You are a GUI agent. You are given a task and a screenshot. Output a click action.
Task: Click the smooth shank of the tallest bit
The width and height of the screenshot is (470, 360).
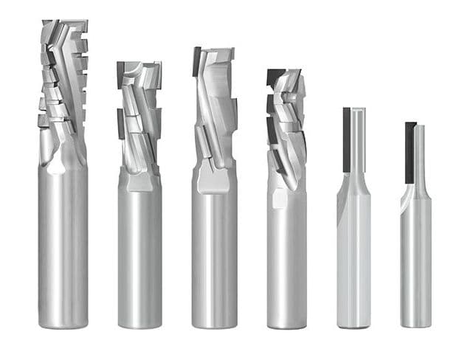pos(63,243)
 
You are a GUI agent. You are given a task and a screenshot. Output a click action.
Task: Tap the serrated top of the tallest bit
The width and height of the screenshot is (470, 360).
pos(63,44)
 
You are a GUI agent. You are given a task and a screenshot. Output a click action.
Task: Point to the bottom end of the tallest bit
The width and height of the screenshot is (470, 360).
pos(63,322)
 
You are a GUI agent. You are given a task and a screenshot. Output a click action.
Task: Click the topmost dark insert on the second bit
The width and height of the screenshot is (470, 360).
pos(120,71)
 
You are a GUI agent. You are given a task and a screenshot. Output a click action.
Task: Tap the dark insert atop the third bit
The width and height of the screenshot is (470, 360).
pos(198,61)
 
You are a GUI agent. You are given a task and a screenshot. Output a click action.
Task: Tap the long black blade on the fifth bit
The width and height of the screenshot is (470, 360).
pos(346,140)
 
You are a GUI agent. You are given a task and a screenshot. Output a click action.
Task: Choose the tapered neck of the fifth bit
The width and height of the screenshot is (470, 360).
pos(353,184)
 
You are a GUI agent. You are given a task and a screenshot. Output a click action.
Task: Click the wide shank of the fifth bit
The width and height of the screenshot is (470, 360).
pos(353,258)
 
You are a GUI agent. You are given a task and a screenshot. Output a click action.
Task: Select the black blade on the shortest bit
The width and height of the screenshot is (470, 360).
pos(409,151)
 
